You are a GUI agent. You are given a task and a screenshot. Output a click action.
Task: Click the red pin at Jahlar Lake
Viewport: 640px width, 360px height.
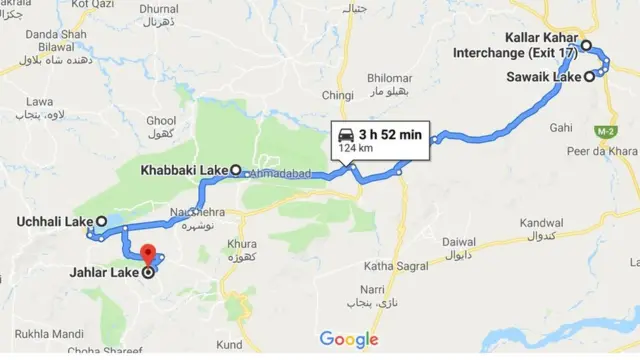(147, 255)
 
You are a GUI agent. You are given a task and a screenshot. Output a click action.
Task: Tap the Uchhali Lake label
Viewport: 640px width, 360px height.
(55, 221)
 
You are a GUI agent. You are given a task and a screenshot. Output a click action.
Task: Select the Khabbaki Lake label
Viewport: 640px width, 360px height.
(186, 170)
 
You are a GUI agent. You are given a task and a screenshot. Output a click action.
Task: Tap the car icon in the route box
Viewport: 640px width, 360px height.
(346, 135)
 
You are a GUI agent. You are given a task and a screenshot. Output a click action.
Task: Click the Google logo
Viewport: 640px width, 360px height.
(349, 341)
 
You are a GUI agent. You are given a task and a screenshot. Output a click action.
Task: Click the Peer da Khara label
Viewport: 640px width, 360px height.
(602, 150)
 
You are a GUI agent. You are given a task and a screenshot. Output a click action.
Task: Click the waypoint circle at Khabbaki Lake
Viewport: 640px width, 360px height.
(236, 170)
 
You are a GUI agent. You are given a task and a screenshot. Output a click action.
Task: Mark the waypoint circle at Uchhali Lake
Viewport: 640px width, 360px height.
(100, 221)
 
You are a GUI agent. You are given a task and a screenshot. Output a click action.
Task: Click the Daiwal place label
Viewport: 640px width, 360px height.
(459, 241)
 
